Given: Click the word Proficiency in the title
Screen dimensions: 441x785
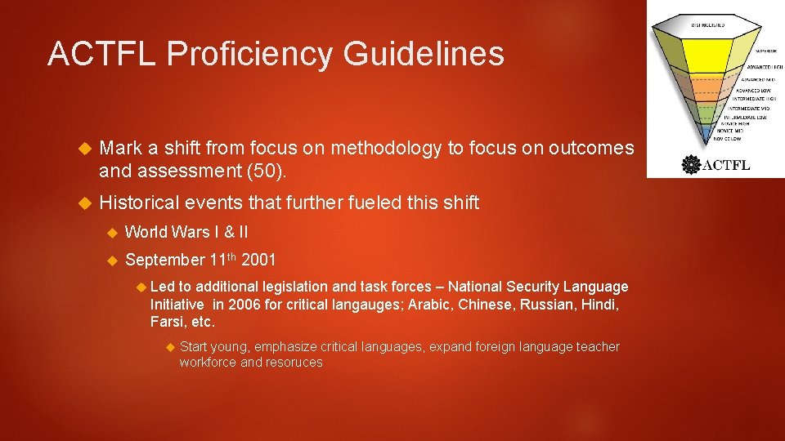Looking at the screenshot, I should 250,55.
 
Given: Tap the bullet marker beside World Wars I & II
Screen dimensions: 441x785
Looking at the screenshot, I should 113,233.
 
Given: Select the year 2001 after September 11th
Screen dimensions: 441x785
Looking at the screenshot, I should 259,261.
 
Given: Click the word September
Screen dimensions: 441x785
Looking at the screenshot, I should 164,261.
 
